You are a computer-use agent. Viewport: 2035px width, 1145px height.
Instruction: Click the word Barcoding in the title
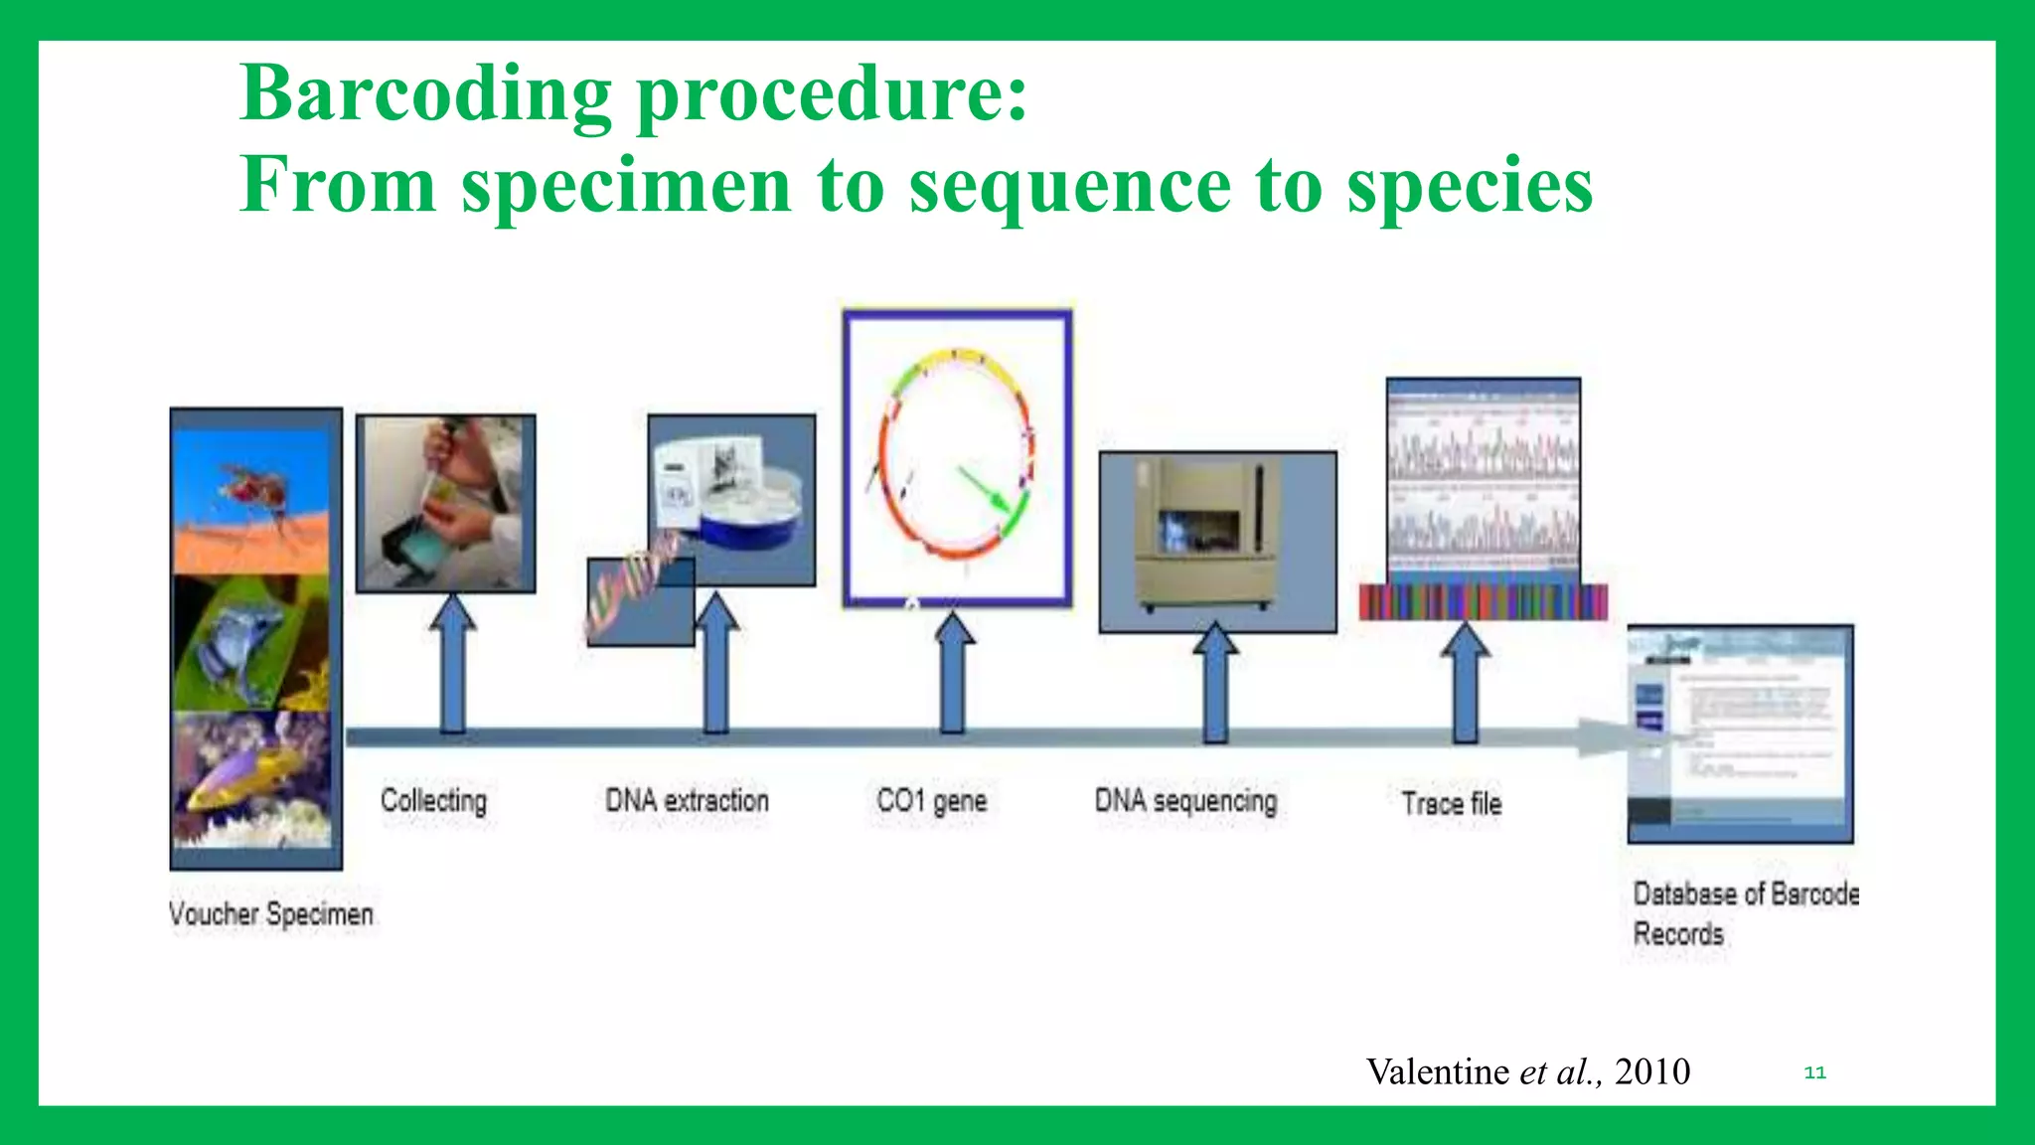425,95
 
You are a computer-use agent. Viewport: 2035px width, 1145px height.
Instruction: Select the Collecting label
433,801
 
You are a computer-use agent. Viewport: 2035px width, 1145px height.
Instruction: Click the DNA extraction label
687,801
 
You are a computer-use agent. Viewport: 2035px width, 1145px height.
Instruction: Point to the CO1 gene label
931,801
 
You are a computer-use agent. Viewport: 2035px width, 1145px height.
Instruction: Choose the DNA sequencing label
1185,801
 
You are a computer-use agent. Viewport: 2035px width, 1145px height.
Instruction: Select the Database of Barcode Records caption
1744,913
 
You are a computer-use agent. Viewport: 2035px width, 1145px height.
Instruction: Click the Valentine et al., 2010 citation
1527,1071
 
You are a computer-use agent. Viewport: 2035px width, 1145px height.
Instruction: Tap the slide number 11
1814,1072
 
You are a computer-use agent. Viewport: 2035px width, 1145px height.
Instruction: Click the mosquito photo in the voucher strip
253,502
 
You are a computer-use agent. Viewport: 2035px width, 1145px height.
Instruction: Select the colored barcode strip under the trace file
1483,602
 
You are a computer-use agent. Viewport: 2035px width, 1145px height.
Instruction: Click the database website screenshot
1740,734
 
